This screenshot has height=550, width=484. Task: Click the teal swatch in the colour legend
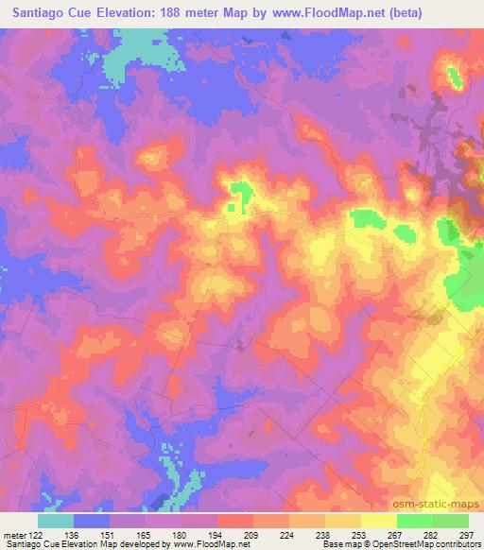(x=58, y=521)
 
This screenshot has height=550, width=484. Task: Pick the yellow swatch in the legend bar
(x=377, y=521)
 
